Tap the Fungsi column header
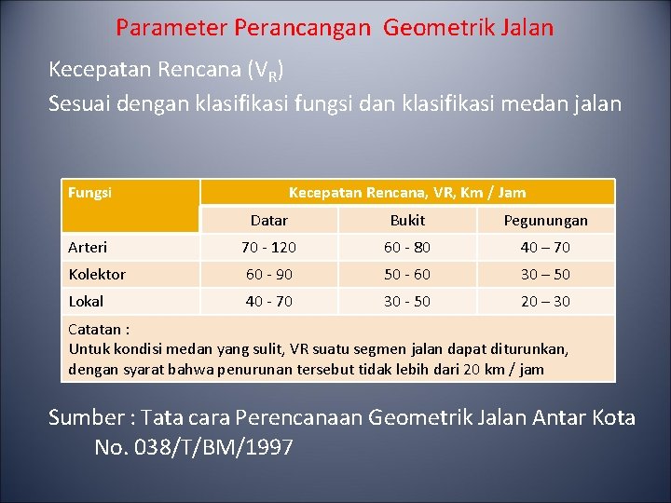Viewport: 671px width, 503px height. [x=90, y=193]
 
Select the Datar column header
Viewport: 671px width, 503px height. [x=269, y=221]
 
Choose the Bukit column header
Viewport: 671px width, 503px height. [x=407, y=221]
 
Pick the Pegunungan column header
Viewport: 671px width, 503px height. [x=546, y=221]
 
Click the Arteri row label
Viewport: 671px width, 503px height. [x=89, y=247]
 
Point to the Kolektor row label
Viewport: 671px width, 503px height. [x=97, y=274]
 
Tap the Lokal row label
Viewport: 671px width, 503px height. [x=87, y=301]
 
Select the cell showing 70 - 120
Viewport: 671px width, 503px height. [x=269, y=247]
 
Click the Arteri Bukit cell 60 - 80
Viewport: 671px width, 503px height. [x=407, y=247]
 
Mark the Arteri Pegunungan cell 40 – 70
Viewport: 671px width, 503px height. [x=546, y=247]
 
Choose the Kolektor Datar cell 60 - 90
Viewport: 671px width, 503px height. [x=269, y=274]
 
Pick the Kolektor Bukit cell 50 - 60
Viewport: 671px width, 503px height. [x=407, y=274]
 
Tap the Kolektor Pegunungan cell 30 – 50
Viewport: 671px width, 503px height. [x=546, y=274]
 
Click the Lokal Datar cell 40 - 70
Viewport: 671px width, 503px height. [x=269, y=301]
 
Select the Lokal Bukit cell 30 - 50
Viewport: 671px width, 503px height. [x=407, y=301]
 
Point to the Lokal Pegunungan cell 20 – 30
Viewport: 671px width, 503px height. [x=546, y=301]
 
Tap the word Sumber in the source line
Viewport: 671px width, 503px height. [x=87, y=417]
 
